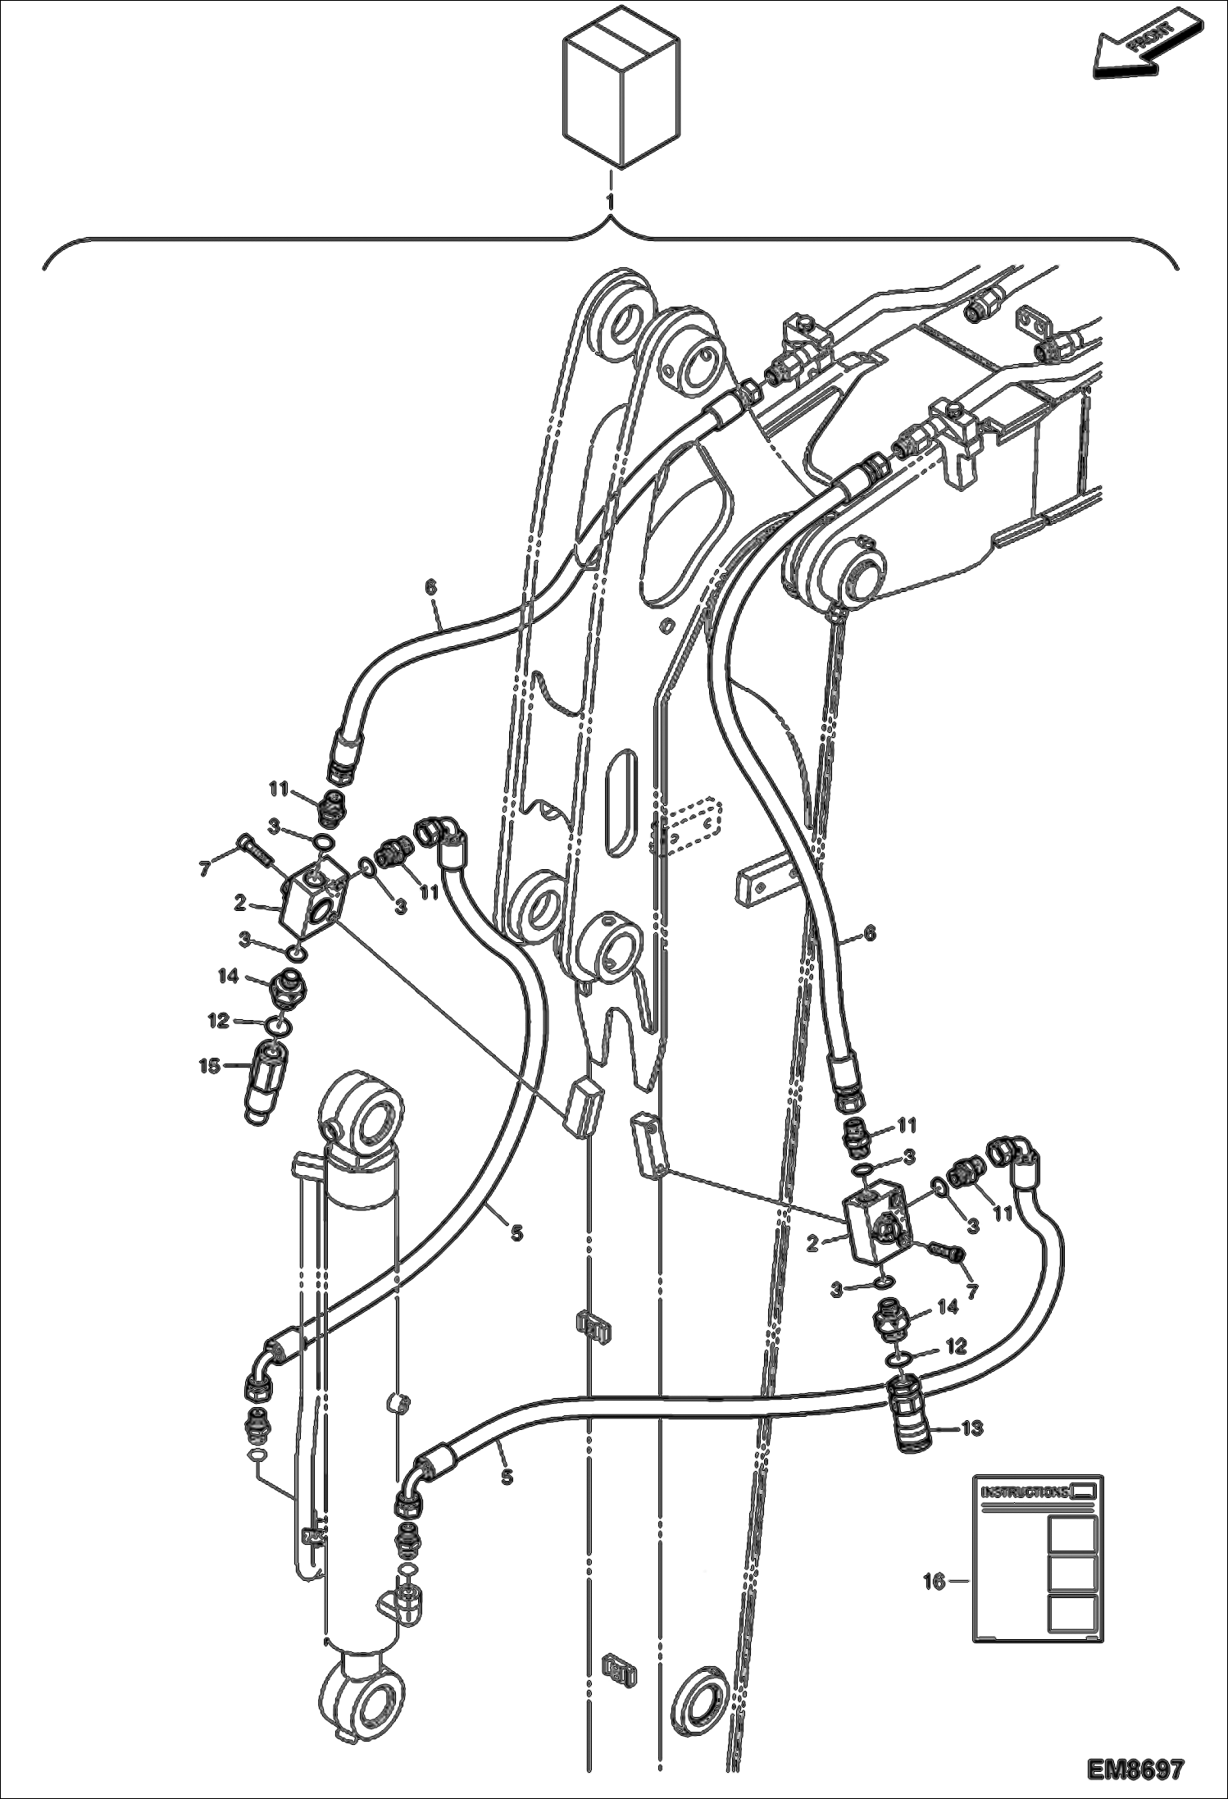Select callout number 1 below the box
(x=610, y=201)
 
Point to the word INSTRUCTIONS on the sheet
(x=1025, y=1492)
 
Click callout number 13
(x=971, y=1428)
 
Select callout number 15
(x=209, y=1065)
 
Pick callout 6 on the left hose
(x=431, y=587)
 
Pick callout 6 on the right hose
(x=870, y=933)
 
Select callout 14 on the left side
(x=228, y=976)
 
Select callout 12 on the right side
(x=957, y=1346)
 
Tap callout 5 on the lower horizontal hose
(x=507, y=1476)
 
